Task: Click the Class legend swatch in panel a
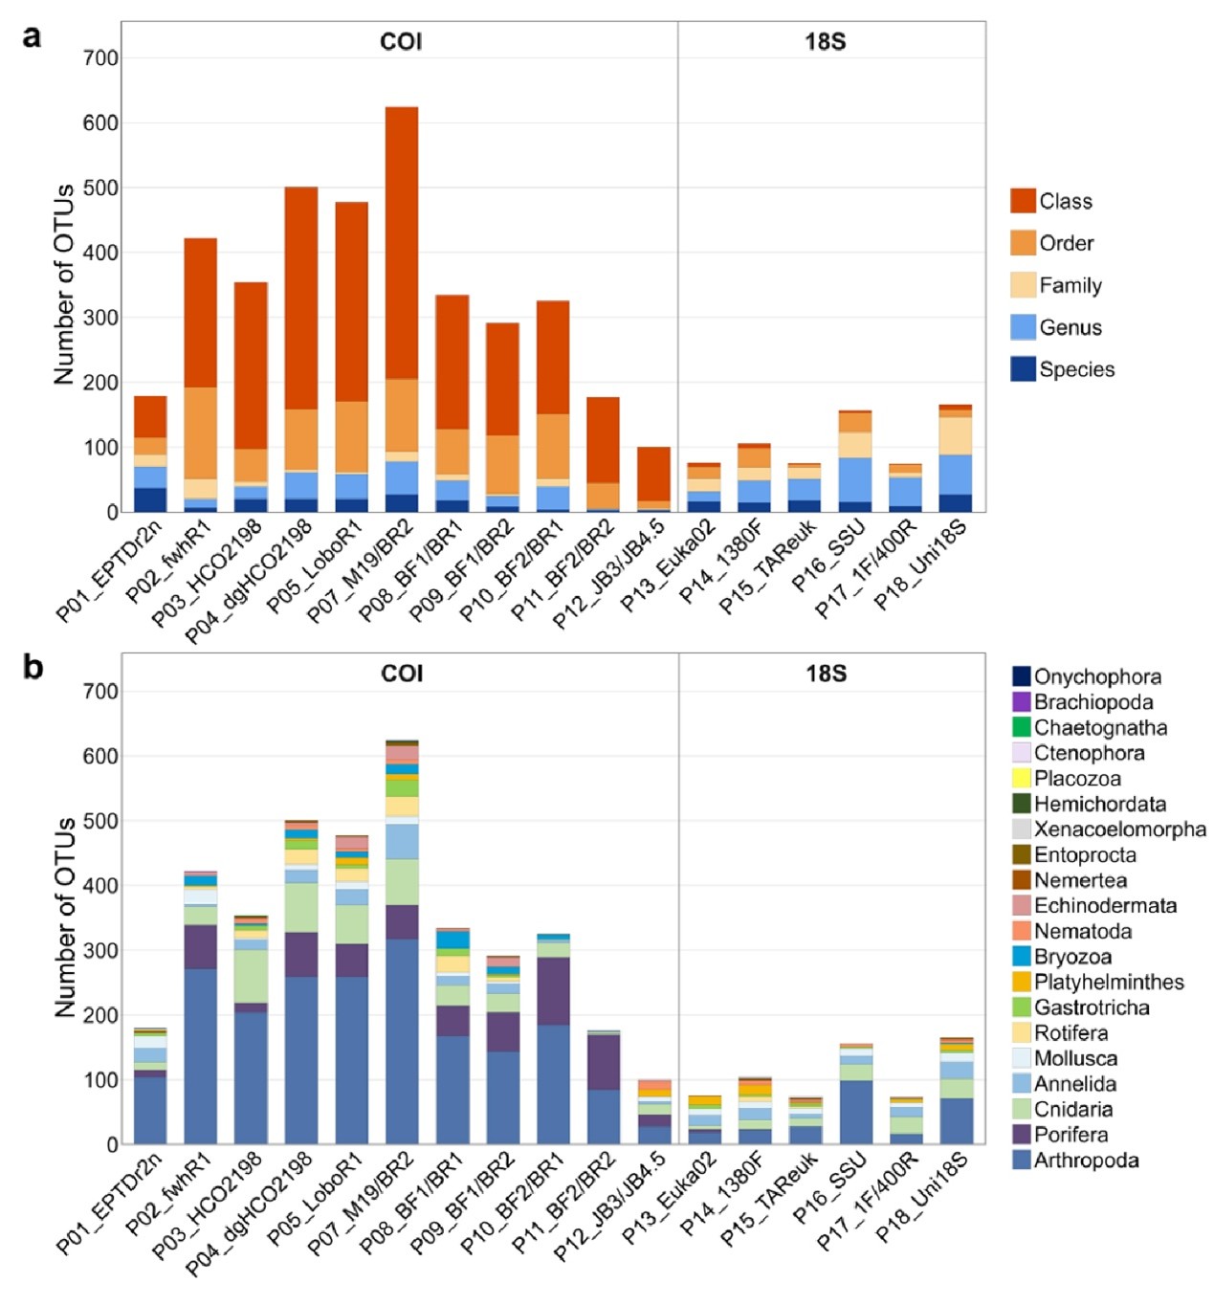coord(1023,201)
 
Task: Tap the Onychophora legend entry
coord(1097,677)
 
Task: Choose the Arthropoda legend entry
coord(1086,1161)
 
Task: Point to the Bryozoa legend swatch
coord(1022,957)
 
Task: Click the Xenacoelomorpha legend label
coord(1119,829)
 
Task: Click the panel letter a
coord(33,37)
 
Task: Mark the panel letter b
coord(33,667)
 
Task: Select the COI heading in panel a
coord(401,42)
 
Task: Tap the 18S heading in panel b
coord(826,674)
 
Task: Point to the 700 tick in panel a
coord(100,58)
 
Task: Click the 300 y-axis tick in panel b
coord(100,951)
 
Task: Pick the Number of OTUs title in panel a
coord(64,284)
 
